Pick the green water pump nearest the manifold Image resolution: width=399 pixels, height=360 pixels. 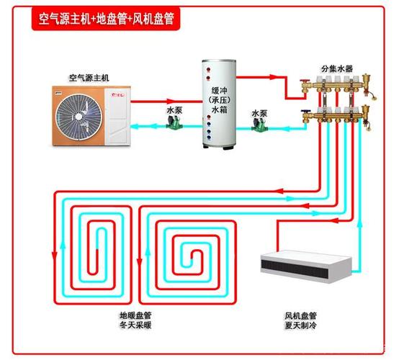pos(259,124)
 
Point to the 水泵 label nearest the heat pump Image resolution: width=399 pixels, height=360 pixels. pos(174,110)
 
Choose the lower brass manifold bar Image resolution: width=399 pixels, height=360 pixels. pos(339,115)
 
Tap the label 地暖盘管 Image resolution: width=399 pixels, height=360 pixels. pos(135,315)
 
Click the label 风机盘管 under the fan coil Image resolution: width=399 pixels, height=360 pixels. pos(300,315)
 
